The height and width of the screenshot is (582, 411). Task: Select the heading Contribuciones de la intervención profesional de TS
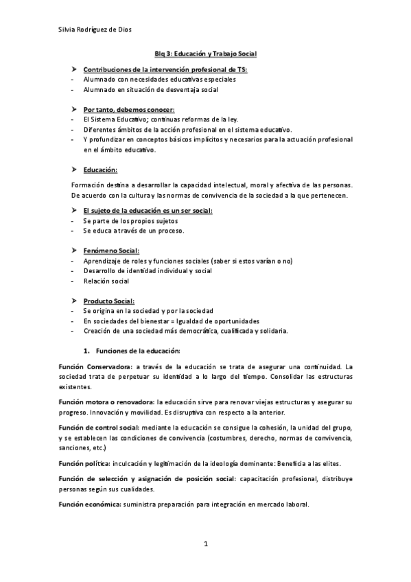(165, 70)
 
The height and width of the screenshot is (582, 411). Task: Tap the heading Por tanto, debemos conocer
(129, 110)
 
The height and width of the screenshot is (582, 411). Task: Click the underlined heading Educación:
(100, 170)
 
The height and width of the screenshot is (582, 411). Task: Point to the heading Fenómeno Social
(111, 251)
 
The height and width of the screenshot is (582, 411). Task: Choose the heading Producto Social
(109, 301)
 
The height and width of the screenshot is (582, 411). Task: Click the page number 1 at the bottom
(205, 544)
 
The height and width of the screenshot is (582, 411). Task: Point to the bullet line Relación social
(106, 281)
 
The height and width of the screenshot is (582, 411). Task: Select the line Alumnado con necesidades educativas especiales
(159, 80)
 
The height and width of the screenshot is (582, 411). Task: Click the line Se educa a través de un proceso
(133, 231)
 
